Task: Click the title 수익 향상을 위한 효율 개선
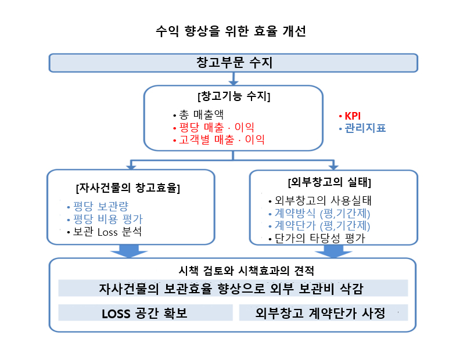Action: pos(231,31)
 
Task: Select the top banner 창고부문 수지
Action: pos(233,63)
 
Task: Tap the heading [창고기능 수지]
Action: pos(234,96)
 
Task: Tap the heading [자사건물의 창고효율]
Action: pos(128,188)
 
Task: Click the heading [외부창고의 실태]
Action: pos(330,182)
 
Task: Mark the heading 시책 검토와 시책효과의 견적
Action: pos(246,271)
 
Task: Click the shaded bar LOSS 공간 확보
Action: pos(145,312)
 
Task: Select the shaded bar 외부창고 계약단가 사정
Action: pos(324,312)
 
